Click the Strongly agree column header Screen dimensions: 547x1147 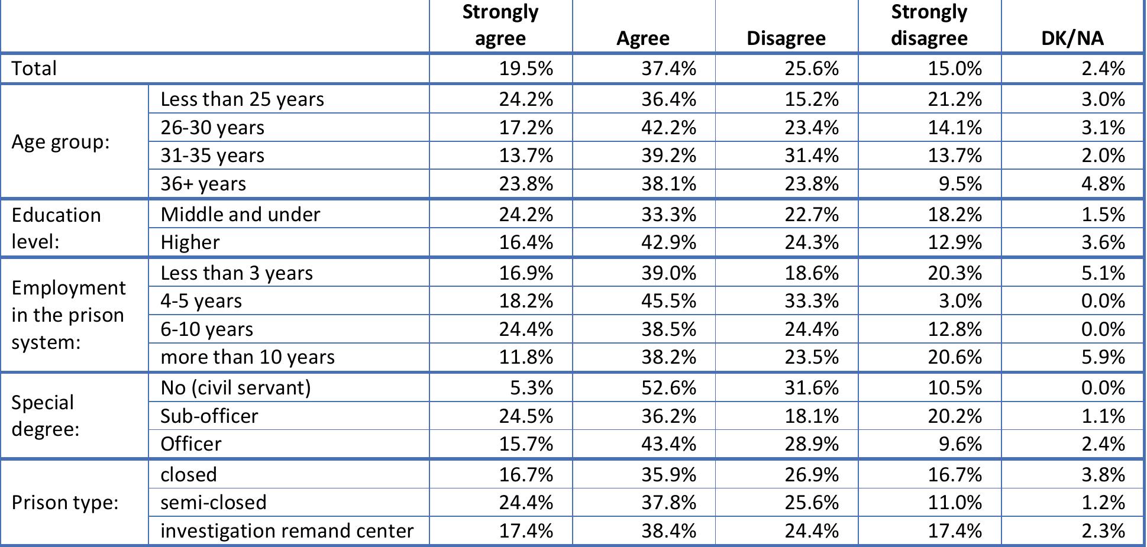[x=500, y=25]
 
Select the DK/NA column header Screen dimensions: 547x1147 [x=1072, y=38]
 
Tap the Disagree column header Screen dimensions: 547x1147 [x=786, y=38]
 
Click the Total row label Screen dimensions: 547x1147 [x=34, y=69]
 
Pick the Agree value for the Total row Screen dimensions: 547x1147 [x=668, y=69]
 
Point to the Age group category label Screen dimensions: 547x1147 [x=61, y=142]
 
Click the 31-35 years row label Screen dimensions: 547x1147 [x=212, y=156]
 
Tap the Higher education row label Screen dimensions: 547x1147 [x=190, y=242]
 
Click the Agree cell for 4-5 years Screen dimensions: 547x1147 [x=668, y=301]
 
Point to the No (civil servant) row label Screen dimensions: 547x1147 [x=235, y=388]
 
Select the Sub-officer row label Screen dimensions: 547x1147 [x=209, y=416]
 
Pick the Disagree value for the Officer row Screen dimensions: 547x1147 [x=812, y=444]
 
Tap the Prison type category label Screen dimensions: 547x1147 [x=65, y=503]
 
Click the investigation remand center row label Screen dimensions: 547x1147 [x=287, y=531]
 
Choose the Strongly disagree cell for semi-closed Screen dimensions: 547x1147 [x=955, y=503]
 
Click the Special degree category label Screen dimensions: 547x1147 [x=45, y=415]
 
